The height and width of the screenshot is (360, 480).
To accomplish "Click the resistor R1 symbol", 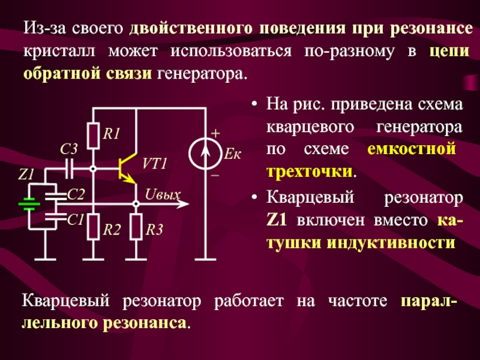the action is click(92, 135).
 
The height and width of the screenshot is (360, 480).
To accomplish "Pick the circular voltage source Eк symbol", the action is click(205, 155).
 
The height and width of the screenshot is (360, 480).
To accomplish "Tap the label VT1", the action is click(155, 164).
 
